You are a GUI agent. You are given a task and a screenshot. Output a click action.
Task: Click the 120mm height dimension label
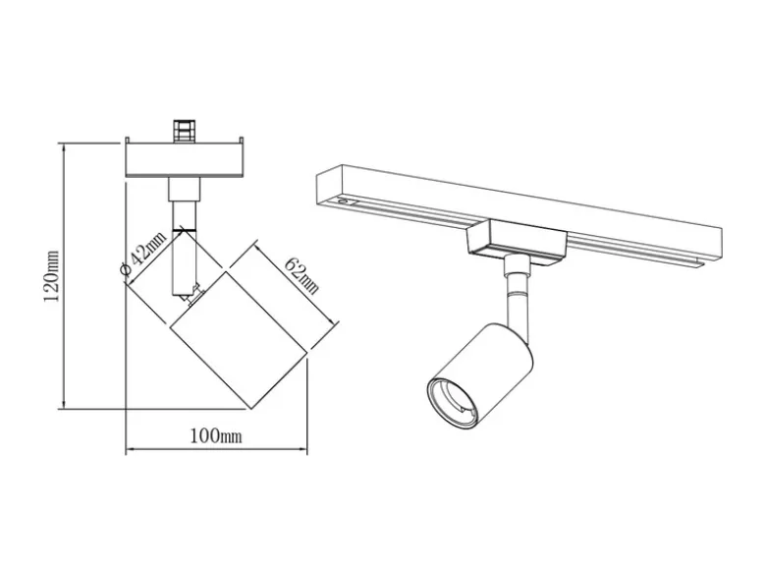pos(51,275)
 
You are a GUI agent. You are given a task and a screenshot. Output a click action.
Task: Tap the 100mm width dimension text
pos(216,435)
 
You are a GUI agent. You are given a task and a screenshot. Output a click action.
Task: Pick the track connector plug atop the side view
pos(185,131)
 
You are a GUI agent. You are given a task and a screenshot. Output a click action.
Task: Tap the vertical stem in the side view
pos(185,245)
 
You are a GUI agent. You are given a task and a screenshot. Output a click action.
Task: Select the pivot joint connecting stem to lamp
pos(191,296)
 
